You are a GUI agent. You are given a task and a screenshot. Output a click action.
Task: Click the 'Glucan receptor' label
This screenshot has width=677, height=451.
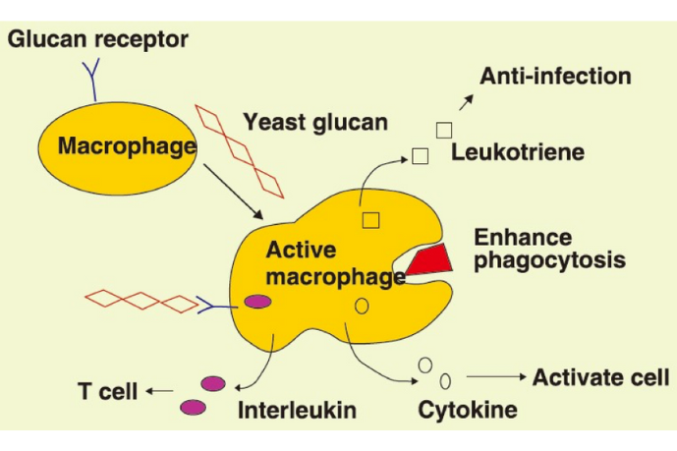click(x=97, y=40)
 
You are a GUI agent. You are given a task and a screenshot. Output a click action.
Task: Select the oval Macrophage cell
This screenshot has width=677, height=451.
click(x=117, y=148)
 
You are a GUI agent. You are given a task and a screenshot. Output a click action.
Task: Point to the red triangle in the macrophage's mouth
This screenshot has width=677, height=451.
click(x=428, y=259)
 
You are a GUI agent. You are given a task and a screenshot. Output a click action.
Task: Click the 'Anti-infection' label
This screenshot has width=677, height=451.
click(x=555, y=76)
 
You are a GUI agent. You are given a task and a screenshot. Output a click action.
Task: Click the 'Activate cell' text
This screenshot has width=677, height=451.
click(x=600, y=376)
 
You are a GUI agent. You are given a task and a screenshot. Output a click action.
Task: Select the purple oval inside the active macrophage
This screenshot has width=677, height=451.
click(x=258, y=302)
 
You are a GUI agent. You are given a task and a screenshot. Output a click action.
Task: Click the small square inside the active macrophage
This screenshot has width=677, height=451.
click(x=370, y=219)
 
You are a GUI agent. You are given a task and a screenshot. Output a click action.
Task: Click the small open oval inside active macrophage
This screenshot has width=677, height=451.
click(x=361, y=307)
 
